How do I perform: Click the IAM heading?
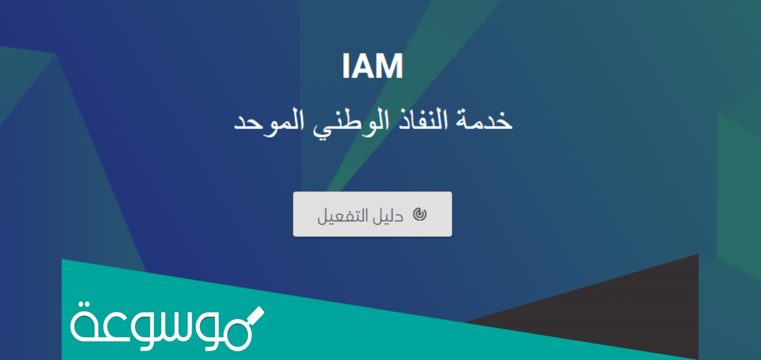point(373,67)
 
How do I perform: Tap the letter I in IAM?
point(346,67)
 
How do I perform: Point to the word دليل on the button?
point(390,215)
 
